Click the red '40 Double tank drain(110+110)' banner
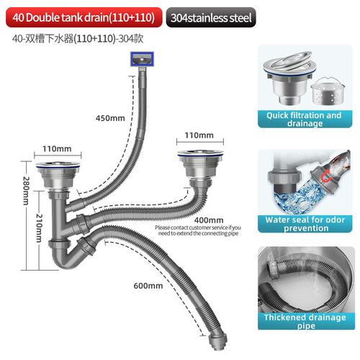pos(84,17)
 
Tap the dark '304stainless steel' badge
pos(211,17)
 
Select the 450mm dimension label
pos(110,118)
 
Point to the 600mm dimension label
pos(148,286)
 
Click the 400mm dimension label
pos(209,220)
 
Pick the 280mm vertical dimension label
pos(26,191)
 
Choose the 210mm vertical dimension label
pos(39,228)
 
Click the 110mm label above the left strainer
pos(57,148)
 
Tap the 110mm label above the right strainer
pos(199,135)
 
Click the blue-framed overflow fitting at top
pos(142,59)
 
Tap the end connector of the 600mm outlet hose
pos(217,341)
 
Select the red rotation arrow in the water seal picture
pos(327,176)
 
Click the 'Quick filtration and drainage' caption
pos(305,120)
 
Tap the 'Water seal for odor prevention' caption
pos(305,224)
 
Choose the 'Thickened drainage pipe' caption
pos(305,321)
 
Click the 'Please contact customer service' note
pos(198,230)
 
